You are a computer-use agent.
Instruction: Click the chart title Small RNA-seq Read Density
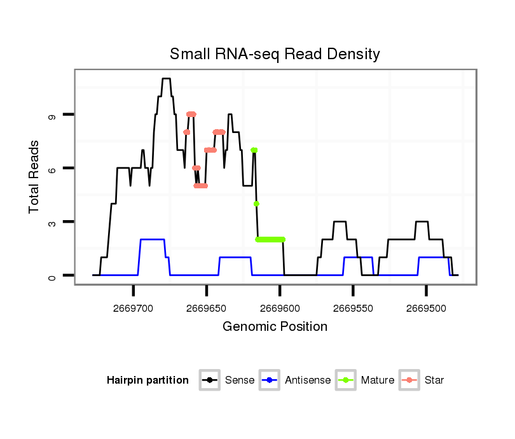click(275, 54)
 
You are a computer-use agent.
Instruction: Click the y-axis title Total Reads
click(34, 176)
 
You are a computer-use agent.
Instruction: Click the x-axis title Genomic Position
click(275, 327)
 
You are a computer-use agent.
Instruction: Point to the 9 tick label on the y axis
click(52, 115)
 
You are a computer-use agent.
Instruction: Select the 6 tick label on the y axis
click(52, 169)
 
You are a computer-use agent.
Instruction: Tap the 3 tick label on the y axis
click(52, 222)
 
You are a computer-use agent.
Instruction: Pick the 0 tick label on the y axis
click(52, 275)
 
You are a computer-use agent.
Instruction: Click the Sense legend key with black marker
click(209, 380)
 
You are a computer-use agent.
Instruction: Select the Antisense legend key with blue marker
click(270, 380)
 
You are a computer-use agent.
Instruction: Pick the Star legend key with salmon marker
click(409, 380)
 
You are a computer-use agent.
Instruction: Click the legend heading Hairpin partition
click(148, 380)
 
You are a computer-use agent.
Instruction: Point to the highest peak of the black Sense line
click(166, 79)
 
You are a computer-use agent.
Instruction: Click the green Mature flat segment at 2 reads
click(270, 239)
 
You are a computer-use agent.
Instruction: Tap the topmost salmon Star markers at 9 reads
click(191, 114)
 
